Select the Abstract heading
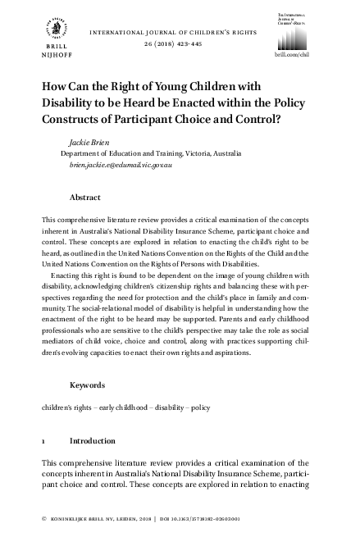click(x=85, y=198)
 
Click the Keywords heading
click(x=88, y=384)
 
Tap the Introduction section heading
click(x=93, y=440)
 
